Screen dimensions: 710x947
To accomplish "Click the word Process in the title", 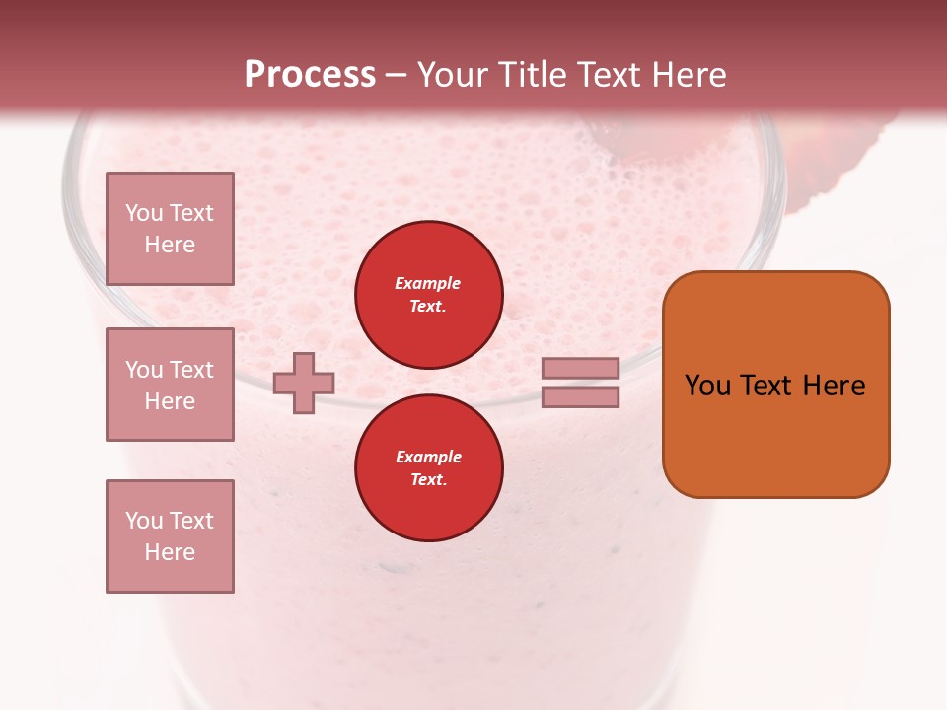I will coord(310,75).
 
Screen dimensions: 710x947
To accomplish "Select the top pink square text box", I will coord(170,229).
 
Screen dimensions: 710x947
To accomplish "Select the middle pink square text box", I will coord(170,385).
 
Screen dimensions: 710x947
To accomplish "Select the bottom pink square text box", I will coord(170,536).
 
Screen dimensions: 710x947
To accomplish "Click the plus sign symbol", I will coord(304,383).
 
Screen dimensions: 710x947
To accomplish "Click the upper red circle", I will coord(429,295).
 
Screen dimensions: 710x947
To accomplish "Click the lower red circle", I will coord(429,468).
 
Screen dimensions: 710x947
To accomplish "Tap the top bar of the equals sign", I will coord(580,368).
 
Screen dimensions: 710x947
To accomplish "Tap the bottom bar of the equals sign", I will coord(580,396).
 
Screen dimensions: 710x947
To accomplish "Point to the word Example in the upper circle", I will coord(428,283).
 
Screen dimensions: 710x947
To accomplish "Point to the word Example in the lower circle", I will coord(428,457).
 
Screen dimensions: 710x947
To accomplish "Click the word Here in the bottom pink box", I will coord(170,552).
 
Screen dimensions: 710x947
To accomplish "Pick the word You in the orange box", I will coord(707,386).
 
